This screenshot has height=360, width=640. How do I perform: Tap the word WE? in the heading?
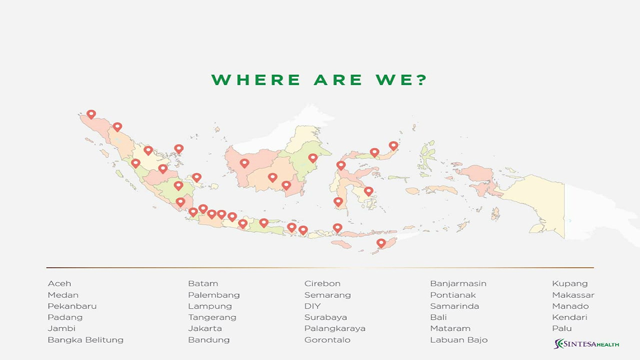point(401,80)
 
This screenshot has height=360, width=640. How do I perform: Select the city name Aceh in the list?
point(59,283)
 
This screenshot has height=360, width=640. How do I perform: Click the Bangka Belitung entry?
point(85,340)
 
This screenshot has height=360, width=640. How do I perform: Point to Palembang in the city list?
point(214,295)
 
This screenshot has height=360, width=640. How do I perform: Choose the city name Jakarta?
point(205,328)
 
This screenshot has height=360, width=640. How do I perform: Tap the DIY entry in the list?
point(312,306)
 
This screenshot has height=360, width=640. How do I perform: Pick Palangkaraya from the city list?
point(335,328)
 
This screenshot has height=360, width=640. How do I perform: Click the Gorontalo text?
point(327,340)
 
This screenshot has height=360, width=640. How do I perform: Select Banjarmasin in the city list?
point(458,283)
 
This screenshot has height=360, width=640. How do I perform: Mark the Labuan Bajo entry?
point(458,340)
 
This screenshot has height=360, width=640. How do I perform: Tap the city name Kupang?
point(569,283)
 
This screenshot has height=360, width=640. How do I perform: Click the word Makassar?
point(573,295)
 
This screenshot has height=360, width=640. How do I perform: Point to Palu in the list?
point(561,328)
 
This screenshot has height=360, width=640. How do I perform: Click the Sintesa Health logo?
point(586,344)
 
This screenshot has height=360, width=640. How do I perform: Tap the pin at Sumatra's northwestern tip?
point(91,114)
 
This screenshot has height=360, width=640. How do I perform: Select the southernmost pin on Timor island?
point(381,243)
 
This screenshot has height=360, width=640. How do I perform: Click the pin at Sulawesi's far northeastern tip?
point(393,145)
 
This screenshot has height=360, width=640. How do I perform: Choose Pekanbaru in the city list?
point(72,306)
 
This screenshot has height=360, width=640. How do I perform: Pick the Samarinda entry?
point(454,306)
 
